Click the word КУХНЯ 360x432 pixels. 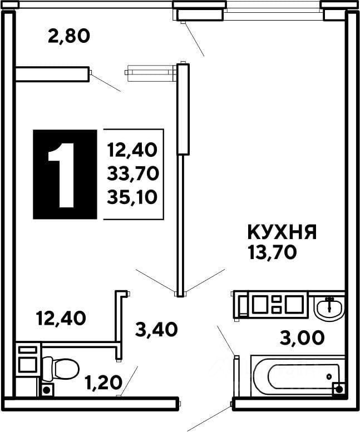[282, 232]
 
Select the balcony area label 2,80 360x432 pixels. [68, 37]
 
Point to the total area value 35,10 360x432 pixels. [134, 196]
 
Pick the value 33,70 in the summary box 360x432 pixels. [134, 173]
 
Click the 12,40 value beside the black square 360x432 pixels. [134, 150]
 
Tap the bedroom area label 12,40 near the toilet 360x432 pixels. [61, 319]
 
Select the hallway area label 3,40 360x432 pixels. [156, 330]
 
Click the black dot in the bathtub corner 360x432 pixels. [338, 389]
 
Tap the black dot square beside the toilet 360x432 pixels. [47, 390]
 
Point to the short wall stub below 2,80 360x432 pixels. [52, 75]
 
